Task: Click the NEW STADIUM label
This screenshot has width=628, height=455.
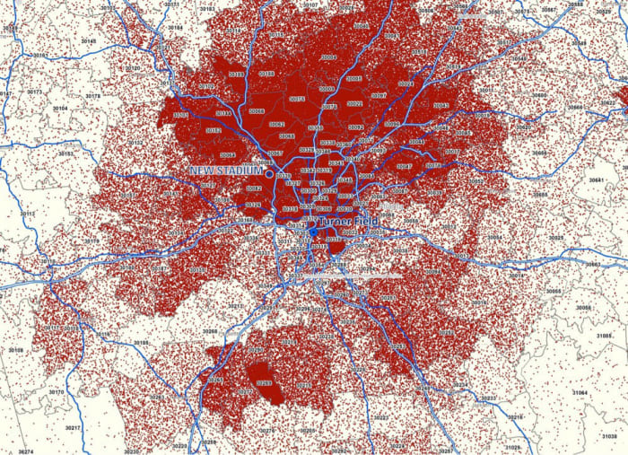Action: tap(226, 170)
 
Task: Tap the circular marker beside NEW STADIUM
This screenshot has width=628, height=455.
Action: tap(269, 171)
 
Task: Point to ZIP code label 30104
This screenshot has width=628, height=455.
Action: tap(60, 108)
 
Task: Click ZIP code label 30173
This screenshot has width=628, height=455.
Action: tap(34, 92)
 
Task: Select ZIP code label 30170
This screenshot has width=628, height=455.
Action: tap(56, 392)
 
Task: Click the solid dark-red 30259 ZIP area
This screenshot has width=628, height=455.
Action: tap(264, 384)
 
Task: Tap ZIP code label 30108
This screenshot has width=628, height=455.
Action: tap(16, 349)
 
